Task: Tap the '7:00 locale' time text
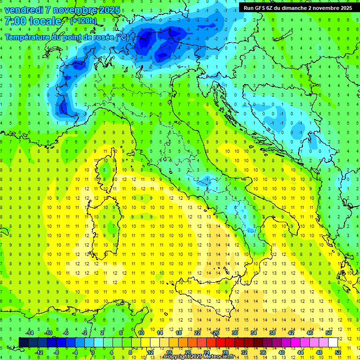pyautogui.click(x=33, y=22)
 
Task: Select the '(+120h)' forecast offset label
pyautogui.click(x=83, y=21)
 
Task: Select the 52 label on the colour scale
pyautogui.click(x=338, y=352)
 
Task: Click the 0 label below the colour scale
pyautogui.click(x=93, y=352)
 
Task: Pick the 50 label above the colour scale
pyautogui.click(x=328, y=333)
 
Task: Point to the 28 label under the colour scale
pyautogui.click(x=225, y=352)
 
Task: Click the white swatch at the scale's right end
pyautogui.click(x=333, y=342)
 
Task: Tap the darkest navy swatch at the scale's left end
pyautogui.click(x=23, y=342)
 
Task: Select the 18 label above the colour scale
pyautogui.click(x=179, y=333)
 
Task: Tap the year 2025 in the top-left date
pyautogui.click(x=109, y=9)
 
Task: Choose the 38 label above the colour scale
pyautogui.click(x=272, y=333)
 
